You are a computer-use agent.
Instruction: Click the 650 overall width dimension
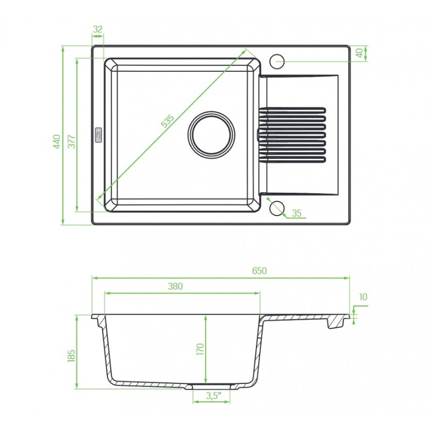click(259, 271)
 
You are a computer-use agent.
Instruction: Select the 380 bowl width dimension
click(175, 286)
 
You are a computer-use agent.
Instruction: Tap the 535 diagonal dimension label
click(167, 121)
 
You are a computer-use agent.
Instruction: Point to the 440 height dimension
click(57, 141)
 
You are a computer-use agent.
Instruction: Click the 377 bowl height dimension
click(71, 141)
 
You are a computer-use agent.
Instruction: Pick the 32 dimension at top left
click(98, 29)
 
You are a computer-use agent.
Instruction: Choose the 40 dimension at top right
click(359, 53)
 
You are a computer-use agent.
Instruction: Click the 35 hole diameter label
click(296, 213)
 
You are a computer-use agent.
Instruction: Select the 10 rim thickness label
click(363, 297)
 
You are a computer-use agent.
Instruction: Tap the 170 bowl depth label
click(200, 349)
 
